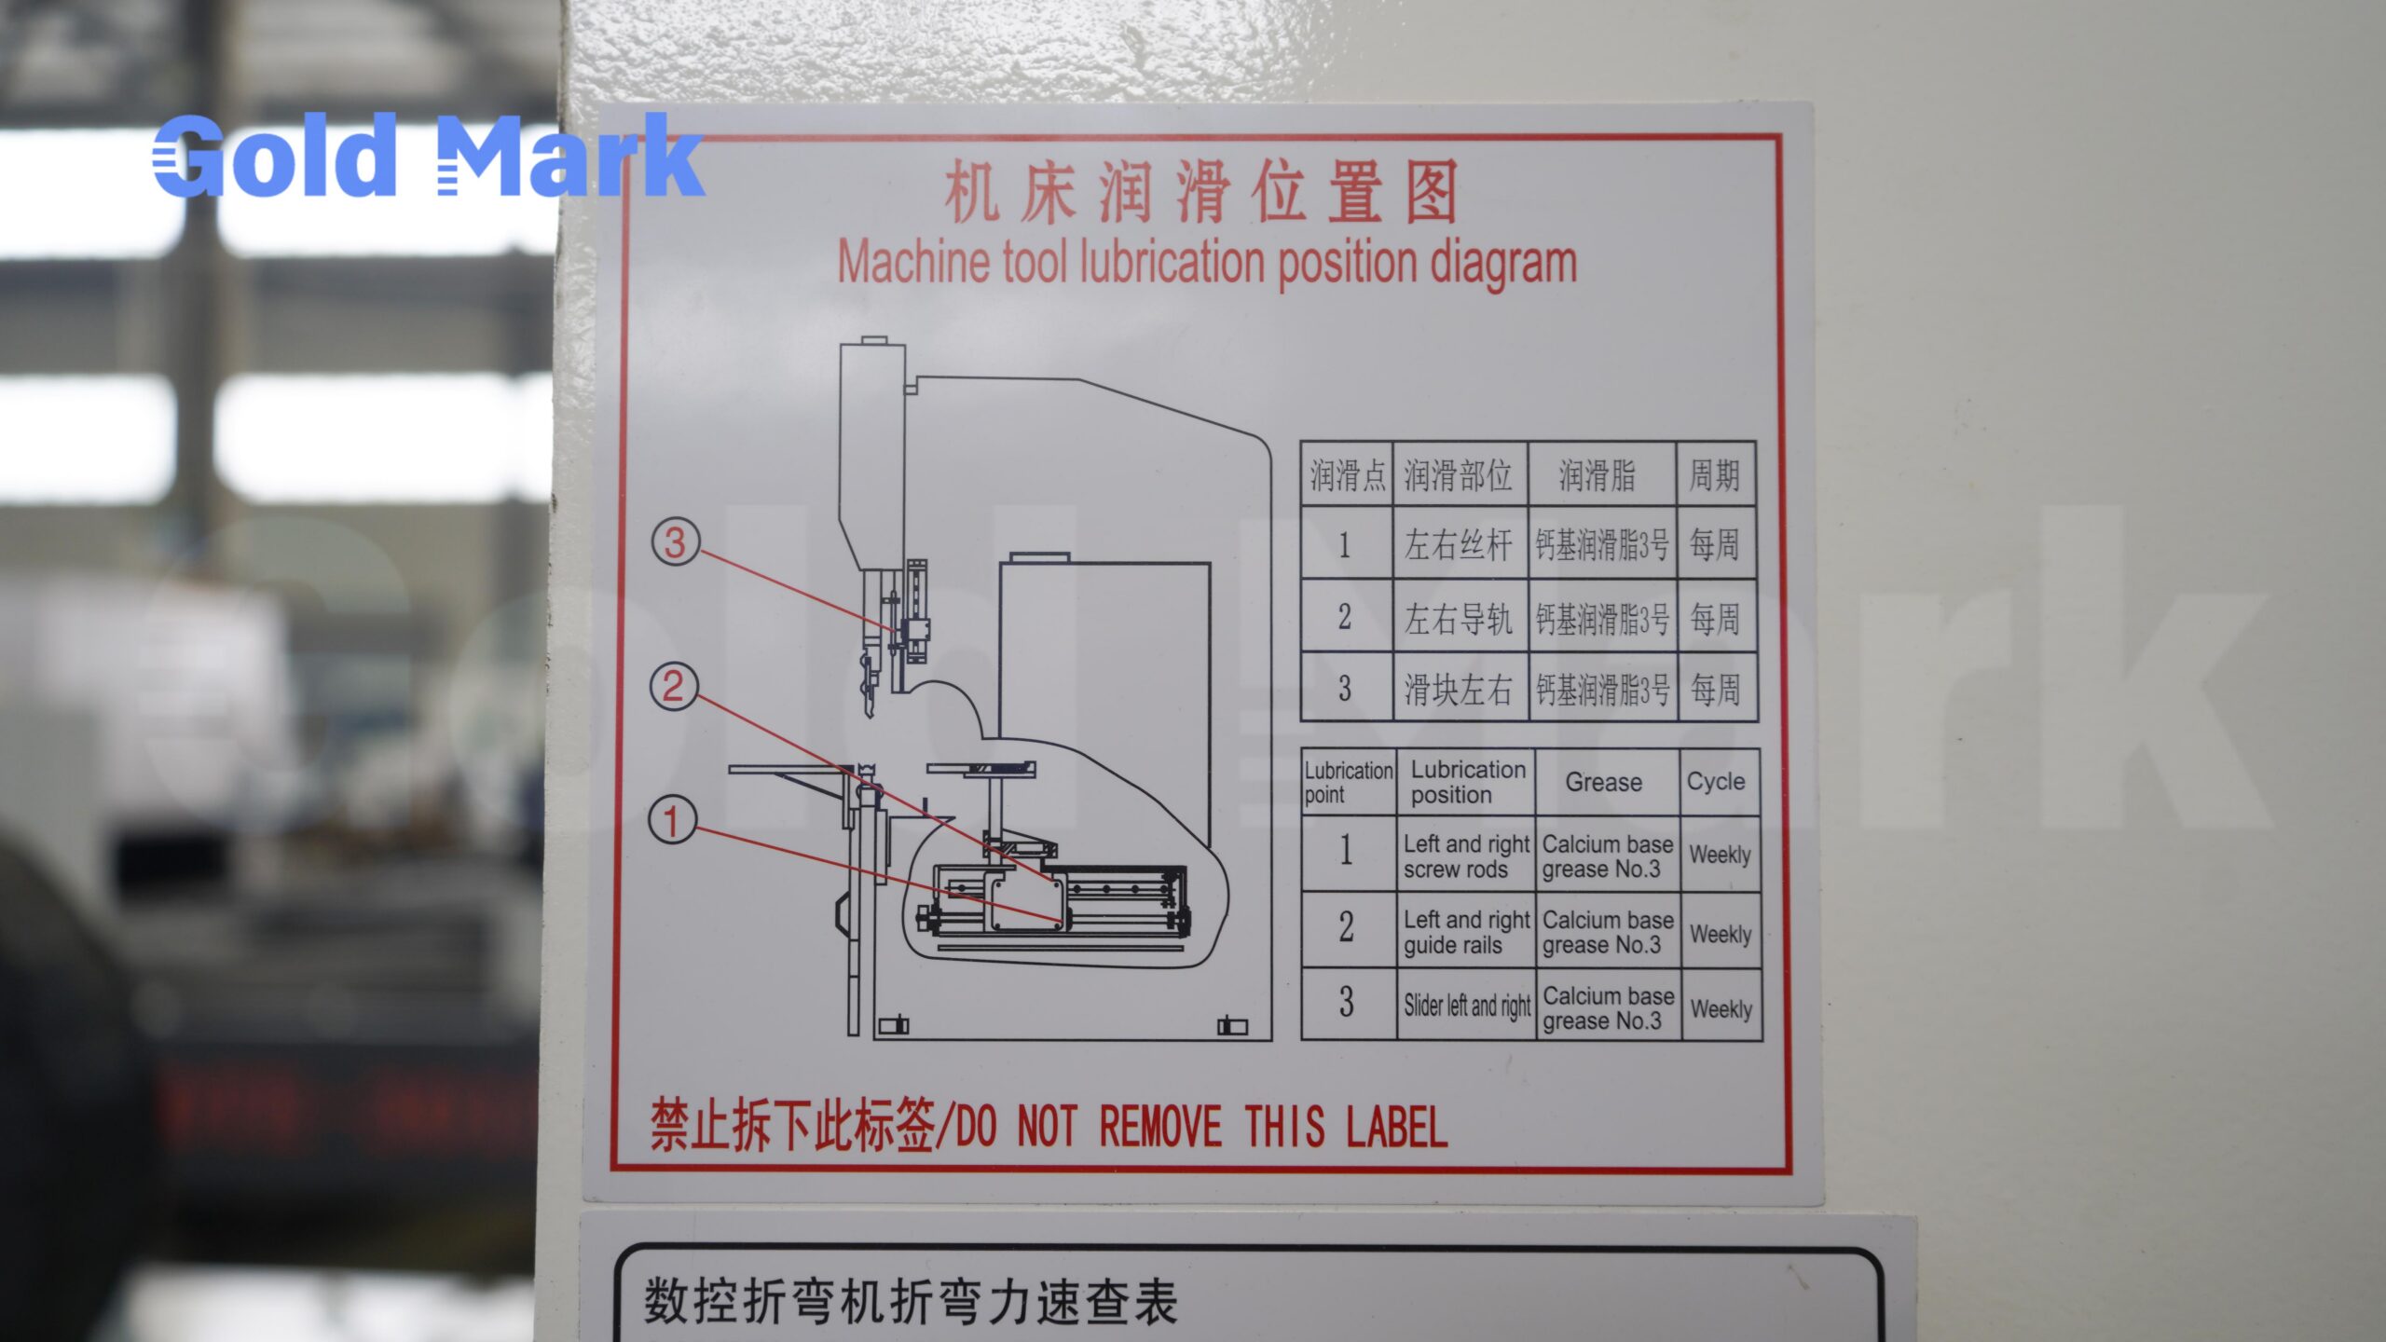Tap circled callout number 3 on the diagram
click(675, 542)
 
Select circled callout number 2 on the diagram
click(673, 687)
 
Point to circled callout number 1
click(671, 821)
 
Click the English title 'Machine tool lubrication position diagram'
click(1207, 263)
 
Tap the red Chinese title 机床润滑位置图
click(1200, 191)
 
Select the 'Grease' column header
click(1604, 782)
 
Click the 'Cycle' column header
click(1716, 781)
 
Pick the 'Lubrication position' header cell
click(1467, 782)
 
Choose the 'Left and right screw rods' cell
click(1466, 856)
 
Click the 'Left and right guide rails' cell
click(1466, 932)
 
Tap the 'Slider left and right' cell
click(1467, 1006)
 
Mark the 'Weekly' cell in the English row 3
click(1721, 1009)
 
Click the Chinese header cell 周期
click(1714, 475)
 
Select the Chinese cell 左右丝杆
click(1458, 545)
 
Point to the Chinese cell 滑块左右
click(1458, 690)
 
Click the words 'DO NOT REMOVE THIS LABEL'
click(1201, 1126)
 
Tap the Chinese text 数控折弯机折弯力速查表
click(911, 1302)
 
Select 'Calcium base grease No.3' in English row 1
click(1607, 856)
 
